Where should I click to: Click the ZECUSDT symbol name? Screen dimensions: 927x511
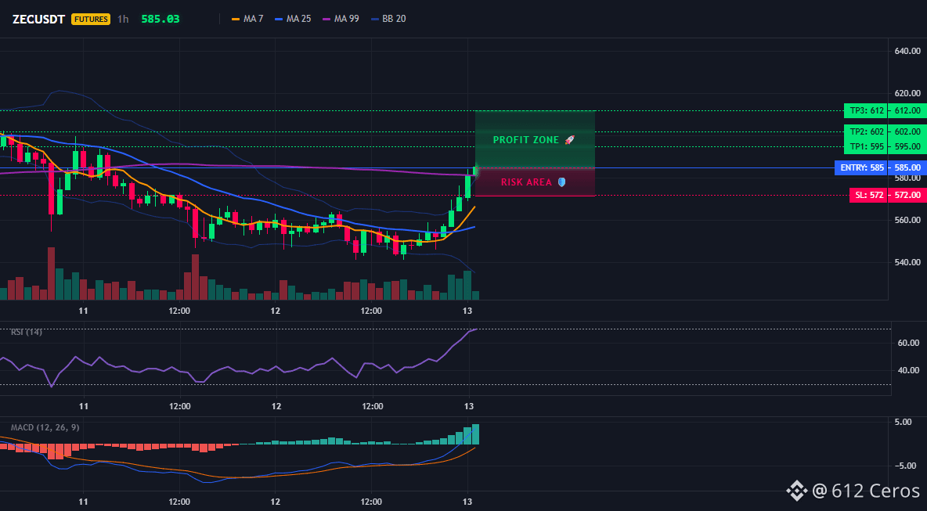(x=38, y=19)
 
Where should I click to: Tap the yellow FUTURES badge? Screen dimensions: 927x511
(x=91, y=19)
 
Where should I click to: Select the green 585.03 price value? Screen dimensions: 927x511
(x=161, y=19)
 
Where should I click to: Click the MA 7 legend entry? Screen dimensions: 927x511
(x=247, y=19)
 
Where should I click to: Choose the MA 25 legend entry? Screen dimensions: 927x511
(x=293, y=19)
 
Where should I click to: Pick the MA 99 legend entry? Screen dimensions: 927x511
(x=341, y=19)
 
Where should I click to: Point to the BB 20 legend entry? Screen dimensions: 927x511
(x=388, y=19)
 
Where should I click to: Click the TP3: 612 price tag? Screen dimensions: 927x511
(x=866, y=110)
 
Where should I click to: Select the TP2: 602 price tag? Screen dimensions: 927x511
(x=866, y=131)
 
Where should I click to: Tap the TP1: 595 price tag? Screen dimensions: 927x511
(x=866, y=146)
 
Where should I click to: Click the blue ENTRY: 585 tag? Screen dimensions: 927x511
(x=861, y=167)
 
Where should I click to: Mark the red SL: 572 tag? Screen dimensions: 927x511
(x=868, y=195)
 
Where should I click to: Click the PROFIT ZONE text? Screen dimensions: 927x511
(x=526, y=140)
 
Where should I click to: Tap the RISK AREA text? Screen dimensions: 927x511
(x=526, y=182)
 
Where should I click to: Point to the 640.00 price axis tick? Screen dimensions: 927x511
(x=907, y=51)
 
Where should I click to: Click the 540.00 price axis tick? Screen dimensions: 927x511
(x=907, y=262)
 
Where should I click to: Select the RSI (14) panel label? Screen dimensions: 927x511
(x=27, y=332)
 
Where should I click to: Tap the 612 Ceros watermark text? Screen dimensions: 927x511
(x=866, y=491)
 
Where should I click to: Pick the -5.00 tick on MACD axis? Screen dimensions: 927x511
(x=907, y=466)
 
